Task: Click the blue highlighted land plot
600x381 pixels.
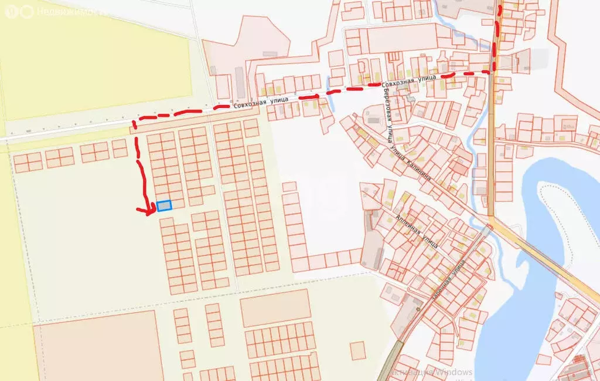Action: [x=164, y=205]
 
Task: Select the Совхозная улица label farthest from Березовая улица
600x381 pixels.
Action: [x=262, y=102]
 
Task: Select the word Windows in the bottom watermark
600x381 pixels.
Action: [x=452, y=372]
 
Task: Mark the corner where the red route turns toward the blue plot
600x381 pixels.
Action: [x=134, y=123]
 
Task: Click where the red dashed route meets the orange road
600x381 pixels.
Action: [x=491, y=71]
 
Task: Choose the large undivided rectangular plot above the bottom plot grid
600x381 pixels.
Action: [x=275, y=308]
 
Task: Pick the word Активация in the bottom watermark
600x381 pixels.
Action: [x=410, y=372]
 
